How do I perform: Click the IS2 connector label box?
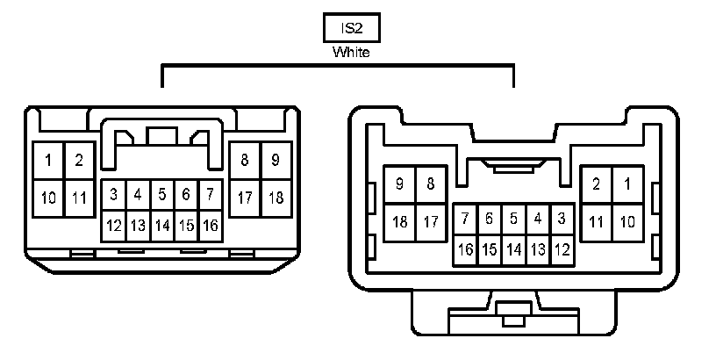point(351,28)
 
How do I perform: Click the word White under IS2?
point(351,53)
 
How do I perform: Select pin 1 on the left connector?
point(48,161)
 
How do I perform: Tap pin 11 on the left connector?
point(79,198)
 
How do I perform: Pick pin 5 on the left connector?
point(162,194)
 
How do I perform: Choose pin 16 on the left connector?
point(211,226)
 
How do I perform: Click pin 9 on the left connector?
point(276,161)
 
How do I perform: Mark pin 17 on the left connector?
point(244,198)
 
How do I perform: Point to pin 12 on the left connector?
point(114,226)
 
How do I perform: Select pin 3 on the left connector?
point(114,194)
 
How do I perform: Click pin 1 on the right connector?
point(627,184)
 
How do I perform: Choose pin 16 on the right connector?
point(466,249)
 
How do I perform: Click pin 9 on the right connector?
point(400,184)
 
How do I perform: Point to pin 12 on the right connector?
point(562,249)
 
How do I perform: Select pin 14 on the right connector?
point(514,249)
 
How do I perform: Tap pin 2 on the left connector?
point(79,161)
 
